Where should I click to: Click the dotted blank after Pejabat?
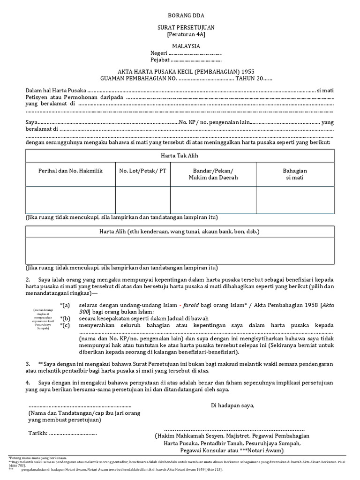(195, 60)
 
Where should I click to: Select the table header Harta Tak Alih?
(180, 155)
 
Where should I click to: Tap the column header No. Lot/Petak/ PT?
(143, 171)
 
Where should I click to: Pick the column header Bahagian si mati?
(295, 174)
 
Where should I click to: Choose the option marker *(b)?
(65, 318)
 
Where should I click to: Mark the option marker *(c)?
(65, 325)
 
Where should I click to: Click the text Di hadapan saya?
(233, 405)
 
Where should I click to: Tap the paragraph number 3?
(28, 363)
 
